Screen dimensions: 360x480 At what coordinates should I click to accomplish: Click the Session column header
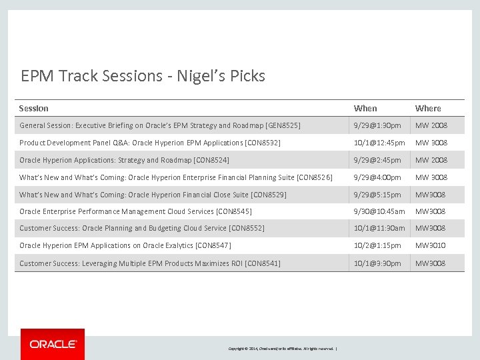pos(34,108)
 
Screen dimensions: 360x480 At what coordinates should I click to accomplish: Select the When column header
pos(365,108)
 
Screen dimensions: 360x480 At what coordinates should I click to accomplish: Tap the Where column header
pos(428,108)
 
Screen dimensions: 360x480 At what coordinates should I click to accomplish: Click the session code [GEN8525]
pos(283,125)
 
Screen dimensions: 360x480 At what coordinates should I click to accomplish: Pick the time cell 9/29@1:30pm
pos(377,125)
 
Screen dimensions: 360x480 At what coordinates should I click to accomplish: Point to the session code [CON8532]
pos(263,143)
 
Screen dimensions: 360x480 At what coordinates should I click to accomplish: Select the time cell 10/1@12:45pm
pos(379,143)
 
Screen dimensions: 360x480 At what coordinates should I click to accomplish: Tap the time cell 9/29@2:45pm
pos(377,160)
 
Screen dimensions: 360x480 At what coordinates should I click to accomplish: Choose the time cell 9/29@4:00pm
pos(377,177)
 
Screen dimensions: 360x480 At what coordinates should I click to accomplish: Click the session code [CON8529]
pos(269,195)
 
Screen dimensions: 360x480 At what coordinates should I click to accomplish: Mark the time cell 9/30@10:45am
pos(379,211)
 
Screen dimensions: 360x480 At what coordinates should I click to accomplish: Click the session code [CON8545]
pos(234,211)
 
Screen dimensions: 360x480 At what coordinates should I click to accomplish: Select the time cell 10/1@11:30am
pos(379,228)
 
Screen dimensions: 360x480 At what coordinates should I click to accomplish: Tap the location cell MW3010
pos(431,245)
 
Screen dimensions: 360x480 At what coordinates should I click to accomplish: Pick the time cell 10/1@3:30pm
pos(377,263)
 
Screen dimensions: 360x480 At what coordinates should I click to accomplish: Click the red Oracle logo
pos(53,344)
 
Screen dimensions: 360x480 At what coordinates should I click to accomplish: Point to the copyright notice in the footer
pos(283,349)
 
